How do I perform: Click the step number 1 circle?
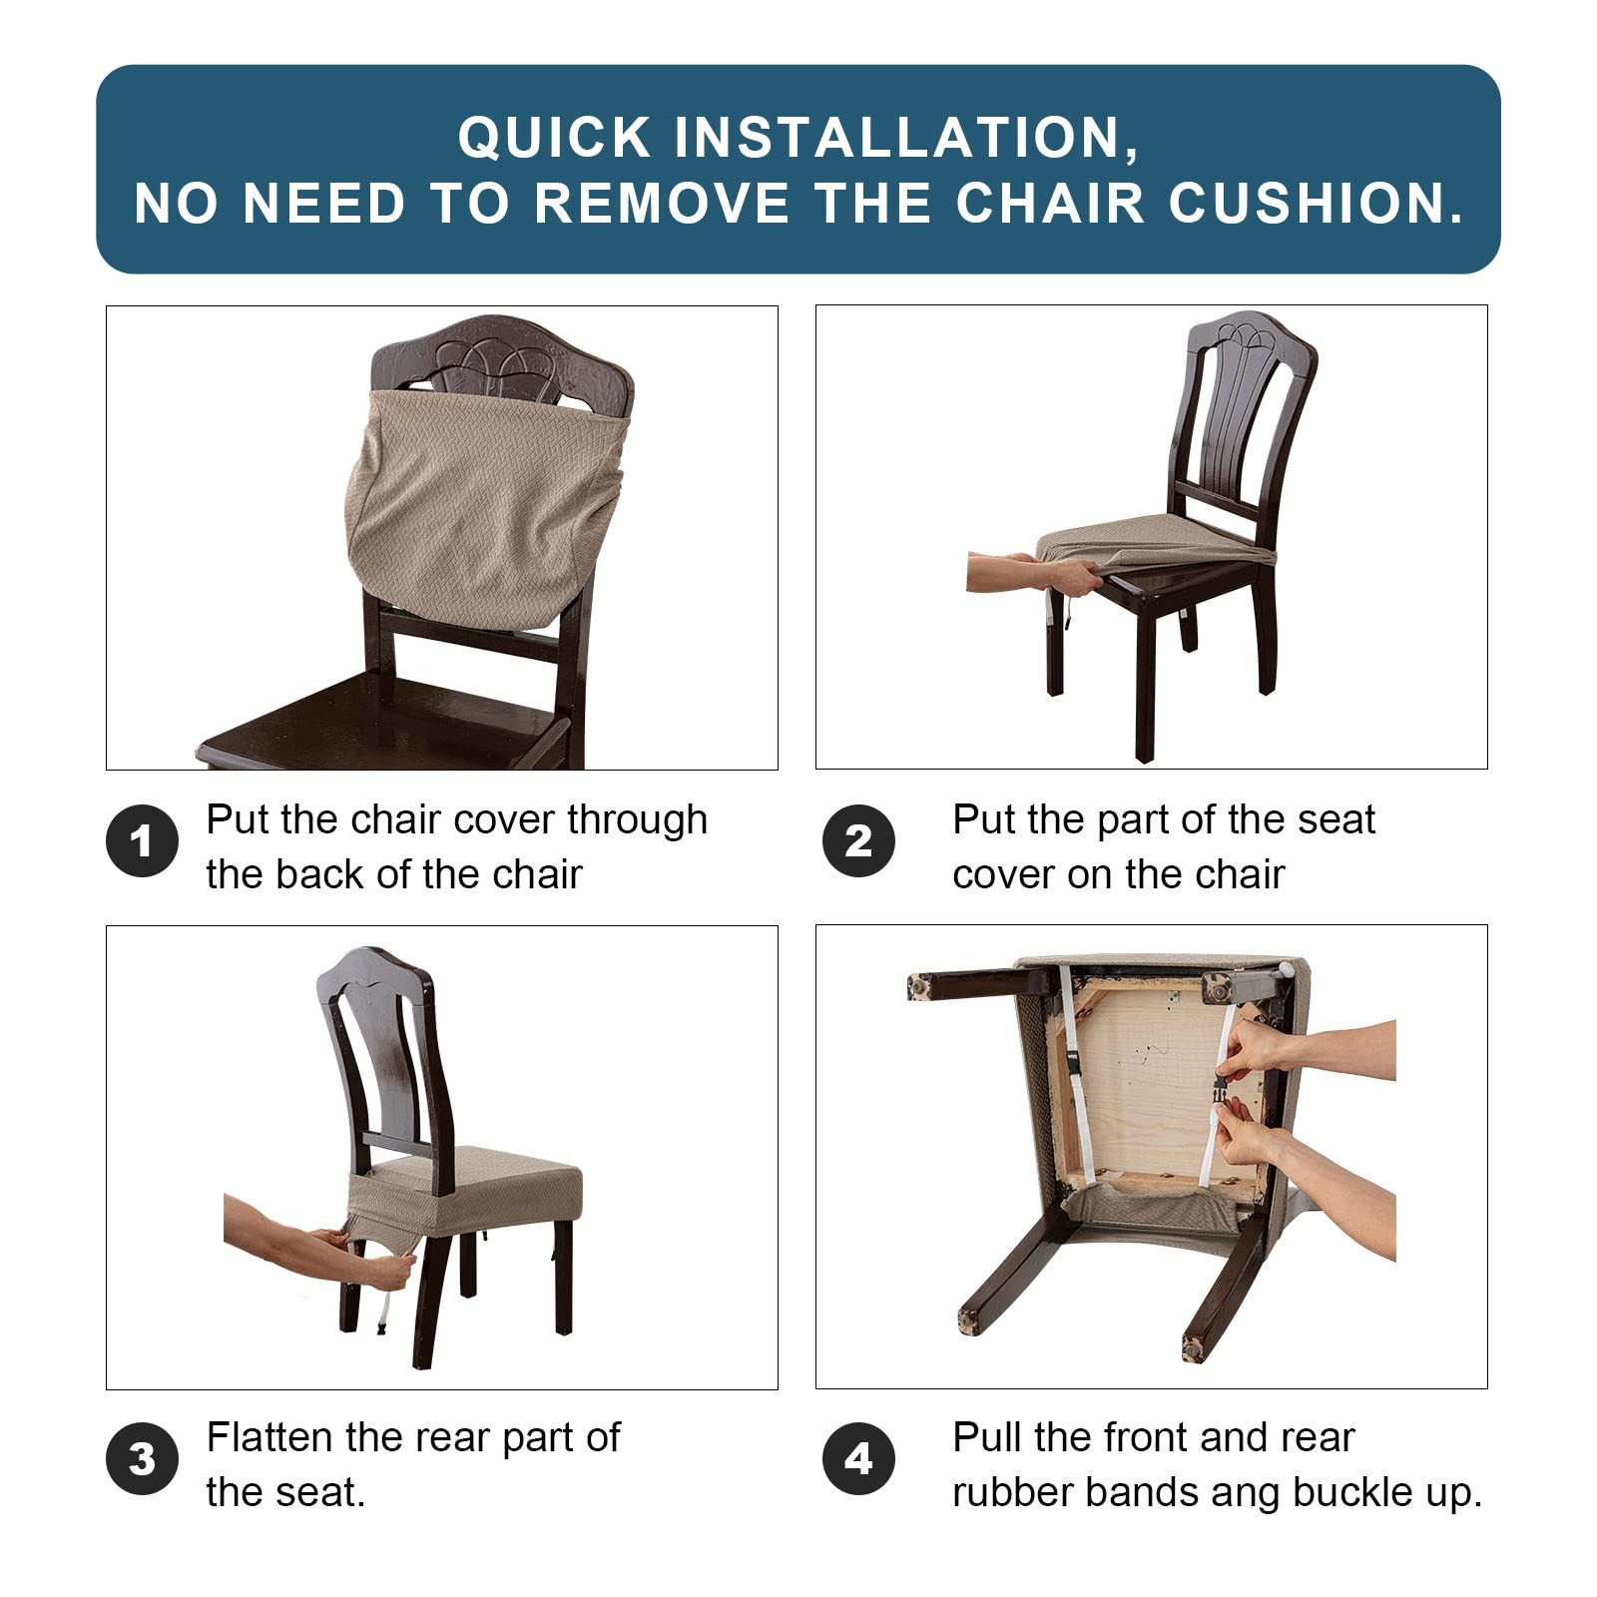point(142,840)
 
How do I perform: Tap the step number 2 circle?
point(858,840)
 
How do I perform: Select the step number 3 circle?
point(142,1458)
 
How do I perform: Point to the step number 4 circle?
point(858,1458)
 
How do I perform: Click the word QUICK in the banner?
point(554,138)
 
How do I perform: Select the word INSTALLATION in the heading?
point(906,138)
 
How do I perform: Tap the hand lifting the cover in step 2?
point(1066,576)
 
